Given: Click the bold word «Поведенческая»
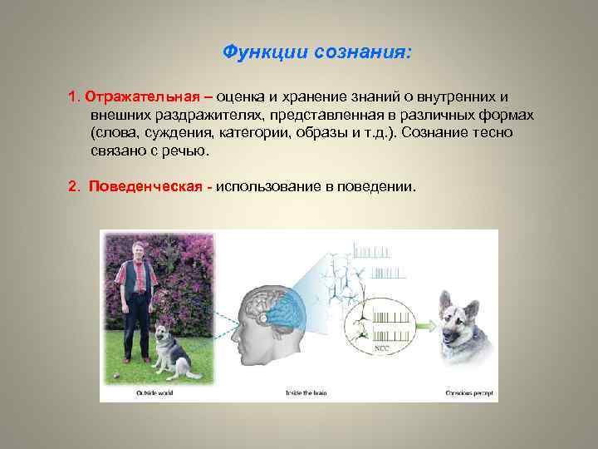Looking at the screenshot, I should [145, 185].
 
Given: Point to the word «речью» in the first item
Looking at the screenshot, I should [189, 152].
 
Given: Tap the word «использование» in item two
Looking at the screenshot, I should [275, 185].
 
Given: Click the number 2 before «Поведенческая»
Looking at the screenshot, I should [72, 185].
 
